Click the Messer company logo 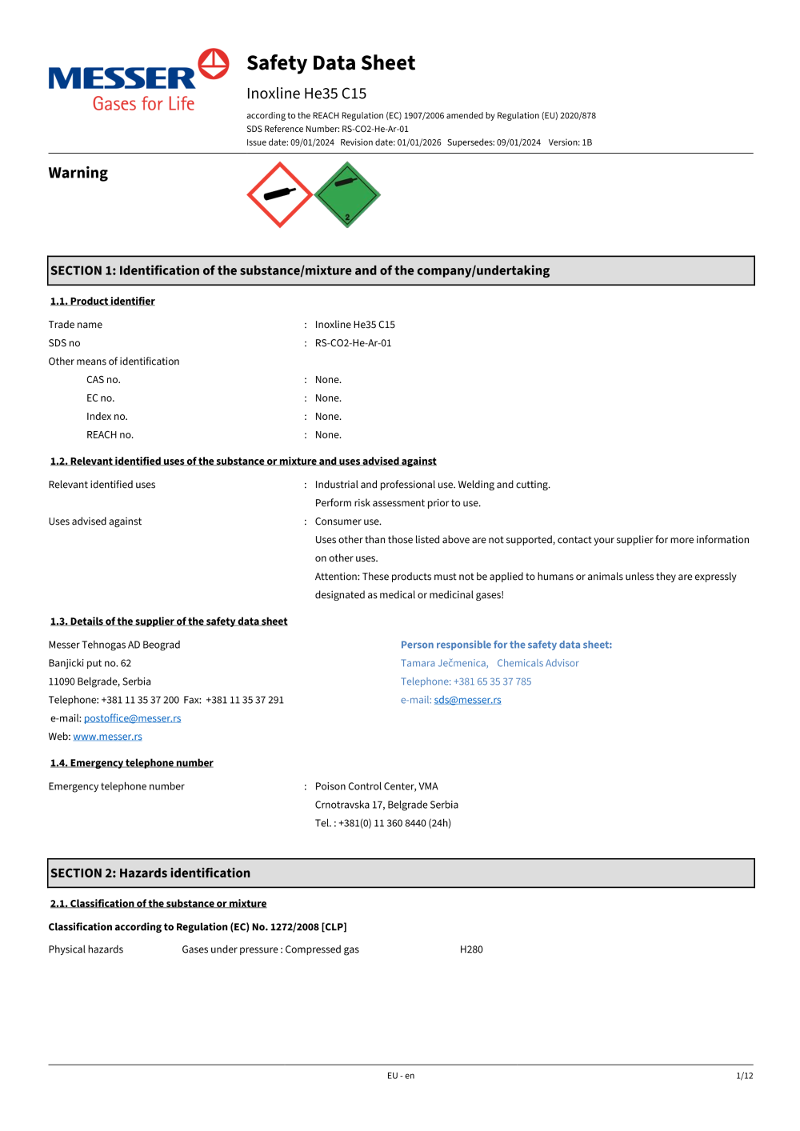138,81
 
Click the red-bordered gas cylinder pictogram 279,194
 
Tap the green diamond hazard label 346,194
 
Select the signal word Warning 78,173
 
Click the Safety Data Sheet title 330,63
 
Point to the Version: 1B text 570,142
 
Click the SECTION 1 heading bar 401,270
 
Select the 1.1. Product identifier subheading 102,302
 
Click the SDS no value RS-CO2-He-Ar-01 353,343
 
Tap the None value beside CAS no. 328,380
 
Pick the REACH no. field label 110,435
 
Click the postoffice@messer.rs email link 132,718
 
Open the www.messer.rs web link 107,737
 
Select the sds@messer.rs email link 467,700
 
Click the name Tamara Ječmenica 444,663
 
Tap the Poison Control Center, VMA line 376,786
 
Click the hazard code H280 471,949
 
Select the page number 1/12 744,1076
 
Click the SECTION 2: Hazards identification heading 150,873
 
